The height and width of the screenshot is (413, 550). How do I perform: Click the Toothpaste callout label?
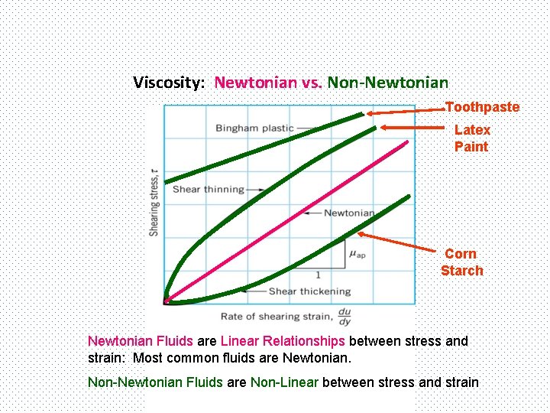[x=482, y=107]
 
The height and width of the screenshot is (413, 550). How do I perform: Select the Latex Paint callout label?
[x=471, y=138]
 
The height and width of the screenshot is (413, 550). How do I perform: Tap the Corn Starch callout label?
[x=461, y=262]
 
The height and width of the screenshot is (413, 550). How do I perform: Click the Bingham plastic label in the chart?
[x=254, y=128]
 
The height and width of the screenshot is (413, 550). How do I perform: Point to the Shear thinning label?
[x=209, y=189]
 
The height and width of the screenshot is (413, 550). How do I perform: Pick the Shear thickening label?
[x=309, y=291]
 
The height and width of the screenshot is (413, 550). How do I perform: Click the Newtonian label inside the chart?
[x=349, y=213]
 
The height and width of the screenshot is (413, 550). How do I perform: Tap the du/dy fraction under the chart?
[x=345, y=316]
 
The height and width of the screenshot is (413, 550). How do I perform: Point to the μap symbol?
[x=357, y=254]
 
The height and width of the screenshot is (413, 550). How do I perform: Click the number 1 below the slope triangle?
[x=318, y=275]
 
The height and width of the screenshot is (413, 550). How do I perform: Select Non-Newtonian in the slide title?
[x=387, y=82]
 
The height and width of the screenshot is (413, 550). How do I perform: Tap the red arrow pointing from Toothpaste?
[x=405, y=111]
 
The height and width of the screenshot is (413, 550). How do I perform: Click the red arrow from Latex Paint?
[x=412, y=127]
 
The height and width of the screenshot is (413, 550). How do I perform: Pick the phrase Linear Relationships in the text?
[x=283, y=341]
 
